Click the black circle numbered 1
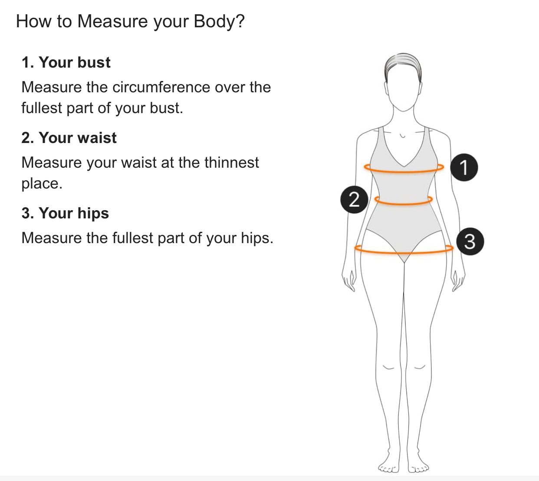464,167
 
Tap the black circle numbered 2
354,199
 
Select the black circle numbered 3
470,241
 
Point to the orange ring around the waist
404,204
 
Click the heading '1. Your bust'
66,63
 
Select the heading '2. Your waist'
69,138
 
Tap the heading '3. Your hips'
65,213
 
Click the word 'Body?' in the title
219,22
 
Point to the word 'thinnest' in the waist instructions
231,162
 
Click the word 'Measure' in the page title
112,21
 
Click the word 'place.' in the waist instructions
42,184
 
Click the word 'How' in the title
33,21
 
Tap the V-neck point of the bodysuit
404,166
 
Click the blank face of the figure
403,88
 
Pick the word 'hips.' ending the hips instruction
257,238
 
